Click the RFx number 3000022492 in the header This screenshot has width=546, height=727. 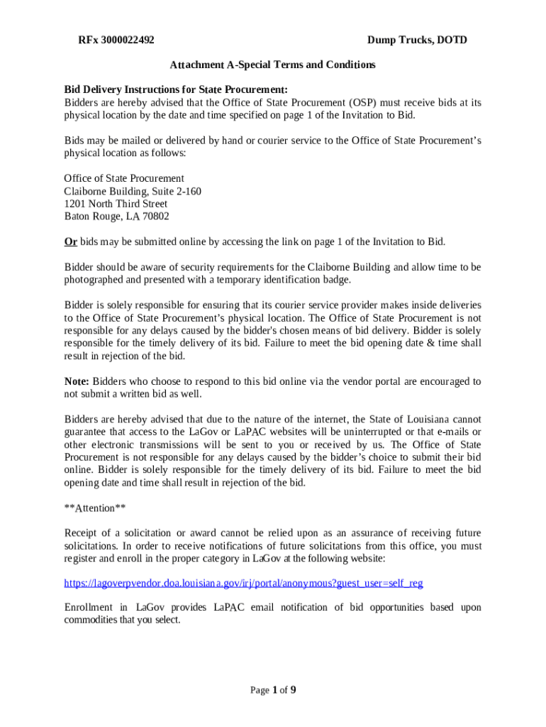click(128, 40)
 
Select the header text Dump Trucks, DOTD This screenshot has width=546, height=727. click(417, 40)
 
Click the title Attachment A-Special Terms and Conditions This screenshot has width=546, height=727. click(272, 65)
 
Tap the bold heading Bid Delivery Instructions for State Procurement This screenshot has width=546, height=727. click(176, 89)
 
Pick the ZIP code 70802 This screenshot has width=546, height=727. click(155, 217)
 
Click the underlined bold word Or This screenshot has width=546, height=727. click(70, 241)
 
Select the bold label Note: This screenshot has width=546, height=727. click(77, 381)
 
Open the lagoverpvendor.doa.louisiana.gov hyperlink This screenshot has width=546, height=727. click(243, 583)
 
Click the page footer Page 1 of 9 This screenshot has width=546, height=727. click(272, 690)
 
